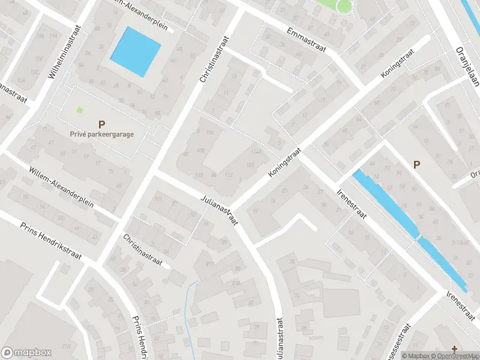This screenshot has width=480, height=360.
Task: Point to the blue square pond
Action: (x=136, y=52)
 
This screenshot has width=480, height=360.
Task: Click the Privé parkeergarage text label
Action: (x=101, y=134)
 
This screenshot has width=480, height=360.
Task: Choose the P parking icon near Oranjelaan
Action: (x=416, y=164)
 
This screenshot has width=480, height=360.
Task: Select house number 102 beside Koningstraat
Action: (x=250, y=165)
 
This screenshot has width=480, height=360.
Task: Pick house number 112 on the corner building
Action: (x=229, y=175)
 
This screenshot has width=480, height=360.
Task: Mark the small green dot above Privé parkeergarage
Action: (x=79, y=110)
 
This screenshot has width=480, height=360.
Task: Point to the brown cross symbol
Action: (x=454, y=348)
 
